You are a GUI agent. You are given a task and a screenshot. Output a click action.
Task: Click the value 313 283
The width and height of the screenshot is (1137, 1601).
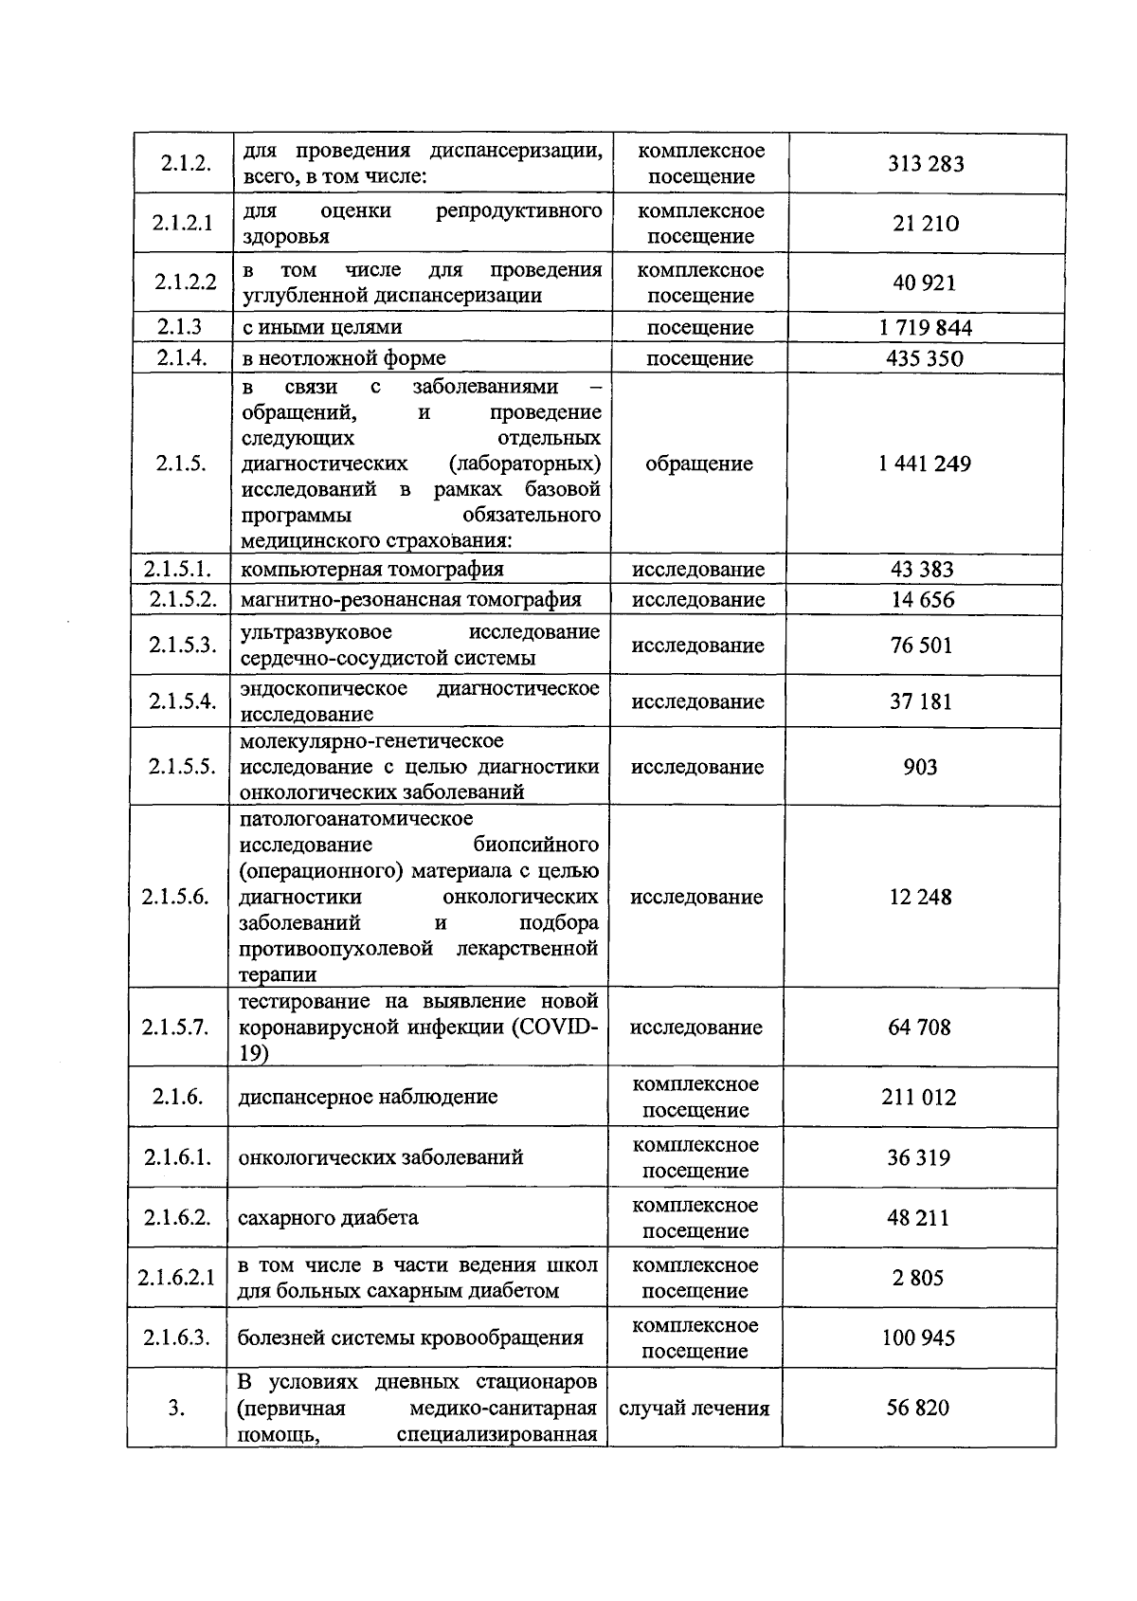[926, 164]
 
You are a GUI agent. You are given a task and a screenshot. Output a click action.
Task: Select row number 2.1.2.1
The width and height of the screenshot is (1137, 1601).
[183, 224]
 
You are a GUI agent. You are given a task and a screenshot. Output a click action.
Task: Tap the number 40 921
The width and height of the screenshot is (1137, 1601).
[925, 282]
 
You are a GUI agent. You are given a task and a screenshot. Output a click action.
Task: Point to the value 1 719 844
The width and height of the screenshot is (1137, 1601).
[925, 328]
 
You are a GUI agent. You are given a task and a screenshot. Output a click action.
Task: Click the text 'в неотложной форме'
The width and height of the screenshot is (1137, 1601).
[344, 358]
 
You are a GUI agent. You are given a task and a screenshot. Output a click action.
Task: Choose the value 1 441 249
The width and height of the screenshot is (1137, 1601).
[924, 464]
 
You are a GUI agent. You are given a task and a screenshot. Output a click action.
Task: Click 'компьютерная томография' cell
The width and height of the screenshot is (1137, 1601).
[371, 569]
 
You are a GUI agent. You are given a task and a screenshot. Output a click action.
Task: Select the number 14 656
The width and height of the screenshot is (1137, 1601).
[923, 599]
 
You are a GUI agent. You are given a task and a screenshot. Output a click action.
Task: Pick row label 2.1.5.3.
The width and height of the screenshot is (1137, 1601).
[182, 645]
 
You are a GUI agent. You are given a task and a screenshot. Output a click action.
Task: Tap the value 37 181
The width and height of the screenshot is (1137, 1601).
[921, 701]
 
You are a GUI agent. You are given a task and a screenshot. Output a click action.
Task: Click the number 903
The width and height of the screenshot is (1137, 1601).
[920, 766]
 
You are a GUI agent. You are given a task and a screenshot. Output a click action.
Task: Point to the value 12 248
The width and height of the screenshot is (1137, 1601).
[920, 897]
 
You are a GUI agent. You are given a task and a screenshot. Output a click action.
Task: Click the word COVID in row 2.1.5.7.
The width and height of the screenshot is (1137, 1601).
[560, 1028]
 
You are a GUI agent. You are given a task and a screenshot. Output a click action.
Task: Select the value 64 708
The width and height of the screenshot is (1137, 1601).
[919, 1028]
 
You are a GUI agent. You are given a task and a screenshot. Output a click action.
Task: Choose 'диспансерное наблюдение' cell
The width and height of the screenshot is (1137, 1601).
[368, 1098]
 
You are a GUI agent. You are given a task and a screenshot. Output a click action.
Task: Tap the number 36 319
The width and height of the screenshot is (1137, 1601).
[918, 1157]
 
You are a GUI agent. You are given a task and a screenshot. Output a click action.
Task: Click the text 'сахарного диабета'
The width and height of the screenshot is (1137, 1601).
[328, 1218]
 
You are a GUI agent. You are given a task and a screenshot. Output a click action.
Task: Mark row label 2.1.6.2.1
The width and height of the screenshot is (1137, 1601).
[176, 1278]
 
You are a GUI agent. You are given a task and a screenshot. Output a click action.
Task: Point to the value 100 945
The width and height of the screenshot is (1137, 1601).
[917, 1338]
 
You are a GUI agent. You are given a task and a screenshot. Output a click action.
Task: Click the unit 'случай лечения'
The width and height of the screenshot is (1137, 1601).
[694, 1409]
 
